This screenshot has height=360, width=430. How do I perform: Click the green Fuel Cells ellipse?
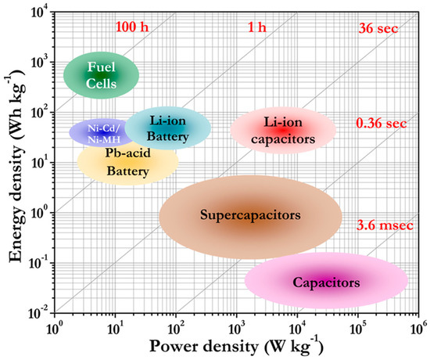[102, 74]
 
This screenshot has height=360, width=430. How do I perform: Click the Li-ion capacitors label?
[283, 131]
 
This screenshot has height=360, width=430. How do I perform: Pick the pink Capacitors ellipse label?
[327, 281]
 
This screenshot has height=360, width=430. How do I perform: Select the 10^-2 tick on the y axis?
[36, 313]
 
